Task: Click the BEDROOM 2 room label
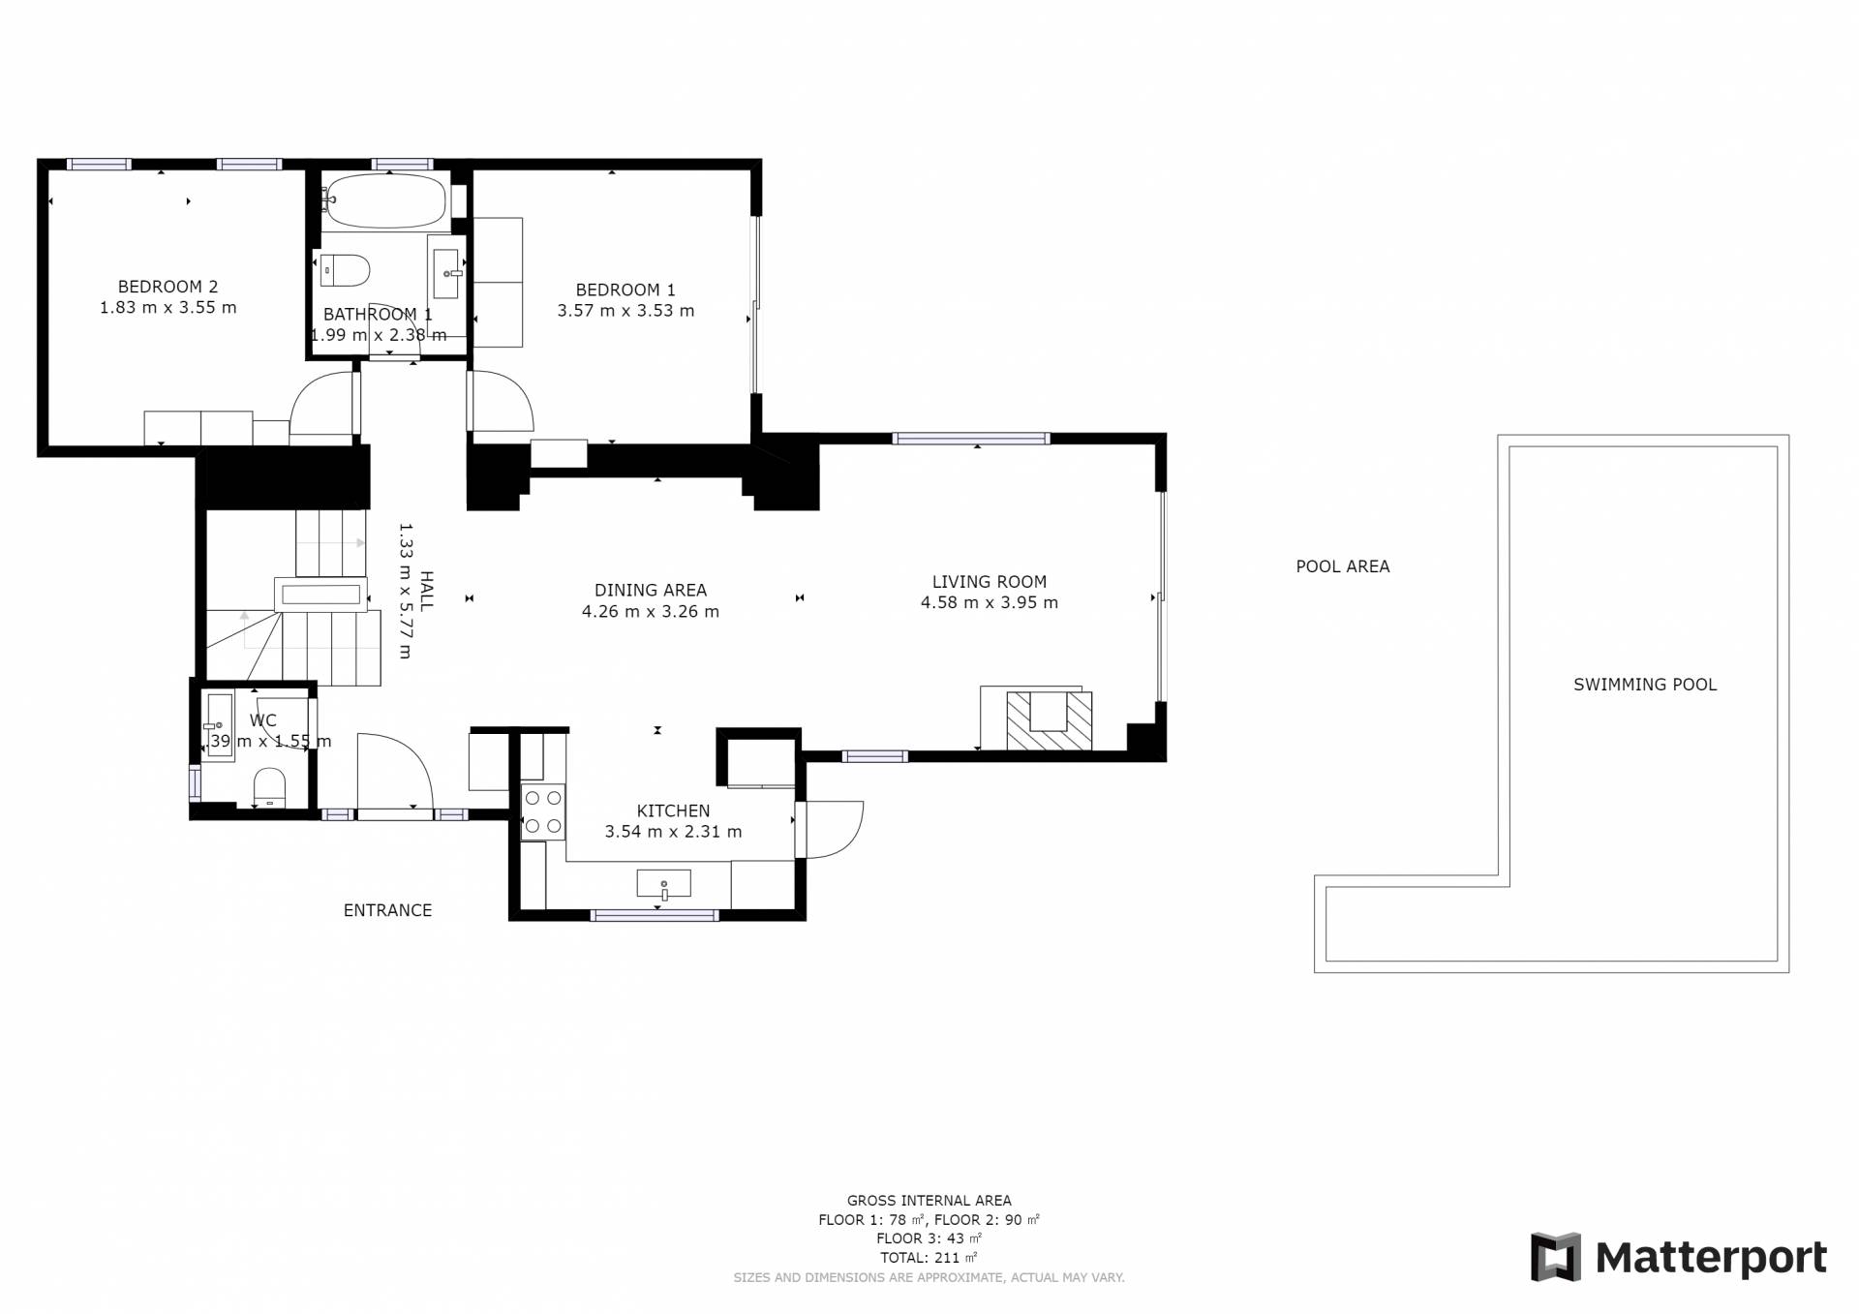[x=168, y=287]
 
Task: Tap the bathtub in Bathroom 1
[x=386, y=201]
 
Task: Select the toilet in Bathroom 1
[x=345, y=270]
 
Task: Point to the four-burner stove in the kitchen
[x=542, y=811]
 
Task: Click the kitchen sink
[x=663, y=884]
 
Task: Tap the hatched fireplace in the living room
[x=1050, y=720]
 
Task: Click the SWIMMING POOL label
[x=1645, y=685]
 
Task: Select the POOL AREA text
[x=1343, y=566]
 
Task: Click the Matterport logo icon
[x=1555, y=1257]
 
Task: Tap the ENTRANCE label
[x=387, y=910]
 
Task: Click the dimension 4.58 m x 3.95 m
[x=989, y=602]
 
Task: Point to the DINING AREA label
[x=651, y=590]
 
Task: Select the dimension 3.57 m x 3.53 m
[x=625, y=311]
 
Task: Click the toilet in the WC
[x=268, y=787]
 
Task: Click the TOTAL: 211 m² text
[x=929, y=1258]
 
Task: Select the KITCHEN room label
[x=673, y=810]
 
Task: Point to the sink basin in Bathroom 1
[x=445, y=274]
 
